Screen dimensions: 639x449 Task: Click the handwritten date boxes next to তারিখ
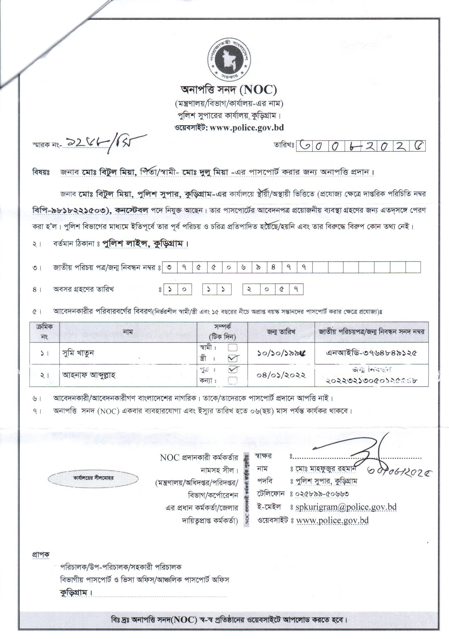pos(361,145)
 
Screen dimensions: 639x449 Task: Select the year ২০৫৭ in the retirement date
pos(273,289)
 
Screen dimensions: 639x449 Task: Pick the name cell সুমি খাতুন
pos(78,353)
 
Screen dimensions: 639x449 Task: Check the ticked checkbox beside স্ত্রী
pos(232,358)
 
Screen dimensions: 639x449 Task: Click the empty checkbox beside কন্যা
pos(232,381)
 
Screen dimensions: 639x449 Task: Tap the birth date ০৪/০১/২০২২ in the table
pos(281,375)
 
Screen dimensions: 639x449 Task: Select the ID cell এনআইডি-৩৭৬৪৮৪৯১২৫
pos(372,353)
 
